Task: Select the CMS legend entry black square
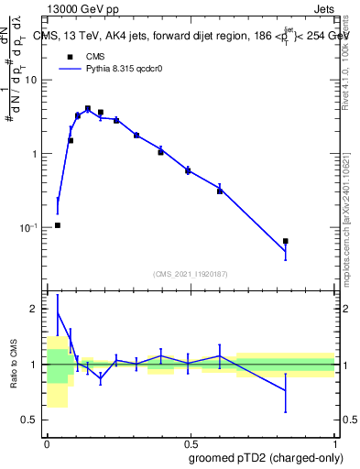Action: [x=69, y=57]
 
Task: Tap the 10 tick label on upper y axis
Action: [x=31, y=80]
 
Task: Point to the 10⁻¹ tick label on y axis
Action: [x=29, y=228]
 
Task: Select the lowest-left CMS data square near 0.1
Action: [x=58, y=225]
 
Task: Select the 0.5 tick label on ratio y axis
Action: [x=31, y=420]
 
